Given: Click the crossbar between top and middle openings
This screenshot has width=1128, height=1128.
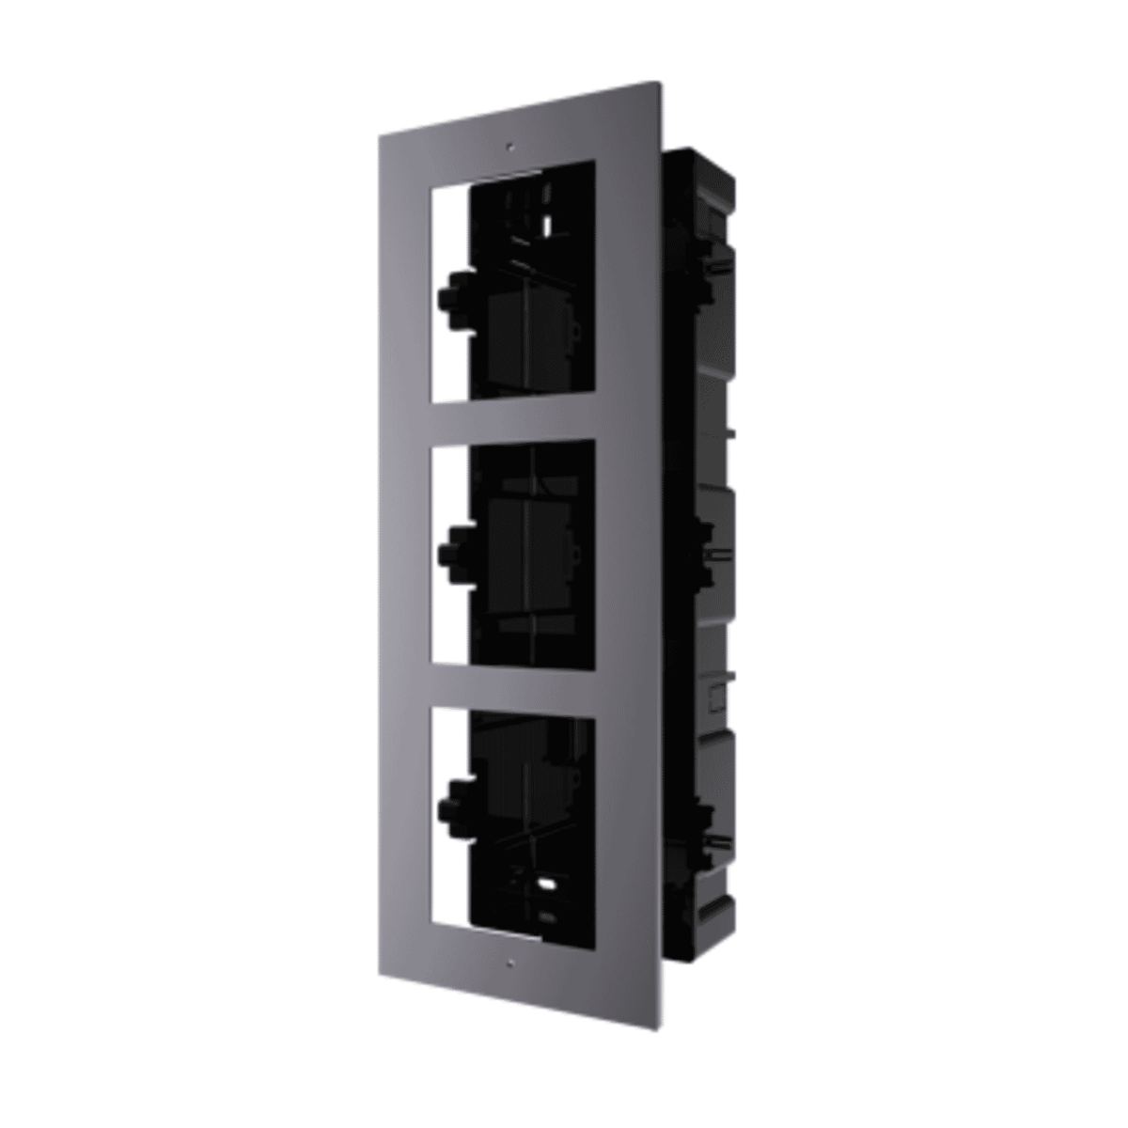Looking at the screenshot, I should point(511,420).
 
